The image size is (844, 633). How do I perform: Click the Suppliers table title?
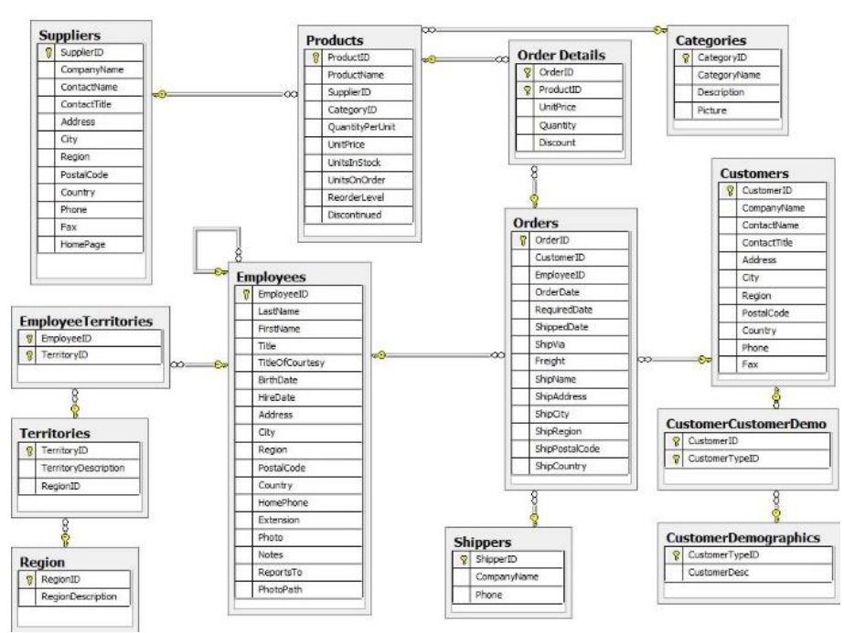(x=69, y=34)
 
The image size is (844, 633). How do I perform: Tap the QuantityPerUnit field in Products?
(x=362, y=126)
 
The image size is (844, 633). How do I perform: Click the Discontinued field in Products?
(x=356, y=215)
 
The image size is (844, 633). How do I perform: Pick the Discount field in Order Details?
(x=557, y=142)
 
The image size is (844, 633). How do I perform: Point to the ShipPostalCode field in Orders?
(x=568, y=448)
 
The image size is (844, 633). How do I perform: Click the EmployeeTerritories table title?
(x=91, y=321)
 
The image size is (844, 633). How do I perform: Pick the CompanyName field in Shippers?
(x=506, y=577)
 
